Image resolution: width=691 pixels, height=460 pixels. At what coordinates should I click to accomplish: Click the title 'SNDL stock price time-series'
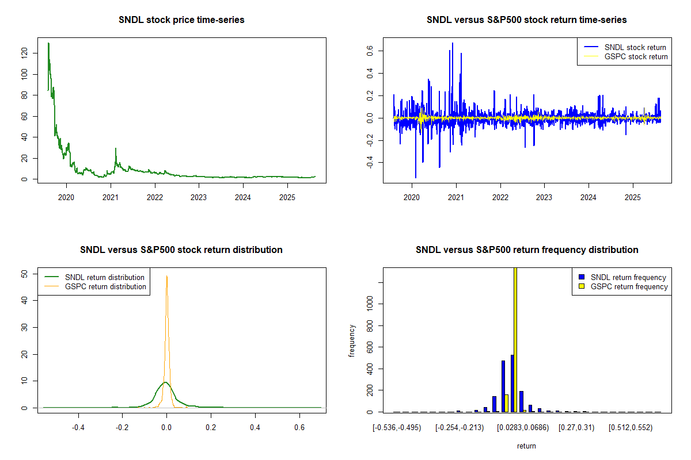point(181,20)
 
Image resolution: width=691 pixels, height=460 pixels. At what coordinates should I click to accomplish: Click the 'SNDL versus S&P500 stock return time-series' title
point(526,20)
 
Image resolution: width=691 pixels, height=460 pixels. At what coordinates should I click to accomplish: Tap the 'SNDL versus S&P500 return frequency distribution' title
point(526,250)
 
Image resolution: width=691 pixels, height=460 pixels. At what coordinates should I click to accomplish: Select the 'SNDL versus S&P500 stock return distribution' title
point(181,250)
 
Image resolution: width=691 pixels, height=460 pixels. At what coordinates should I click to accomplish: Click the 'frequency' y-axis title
point(352,340)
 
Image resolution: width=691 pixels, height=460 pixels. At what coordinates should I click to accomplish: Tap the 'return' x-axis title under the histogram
point(526,446)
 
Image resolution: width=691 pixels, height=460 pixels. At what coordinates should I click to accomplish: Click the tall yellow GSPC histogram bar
point(515,339)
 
